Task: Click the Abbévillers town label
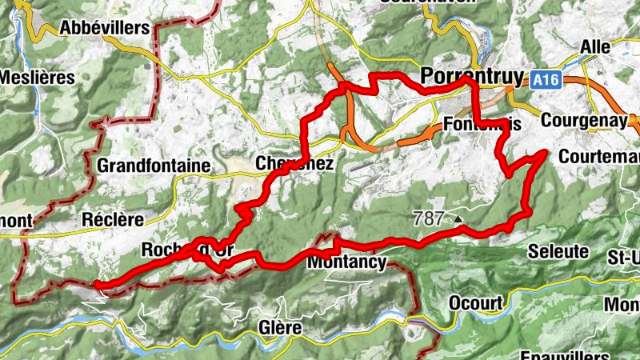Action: click(x=105, y=28)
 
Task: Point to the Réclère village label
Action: click(x=112, y=218)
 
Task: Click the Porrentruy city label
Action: click(x=472, y=76)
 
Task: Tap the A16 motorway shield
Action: click(x=544, y=79)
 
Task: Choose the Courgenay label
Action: click(x=582, y=120)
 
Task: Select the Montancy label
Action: click(x=346, y=262)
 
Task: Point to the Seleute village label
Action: click(x=558, y=251)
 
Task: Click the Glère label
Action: click(x=280, y=328)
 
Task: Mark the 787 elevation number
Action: click(x=428, y=217)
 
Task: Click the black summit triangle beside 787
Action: click(x=458, y=218)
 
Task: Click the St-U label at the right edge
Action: click(x=623, y=257)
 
